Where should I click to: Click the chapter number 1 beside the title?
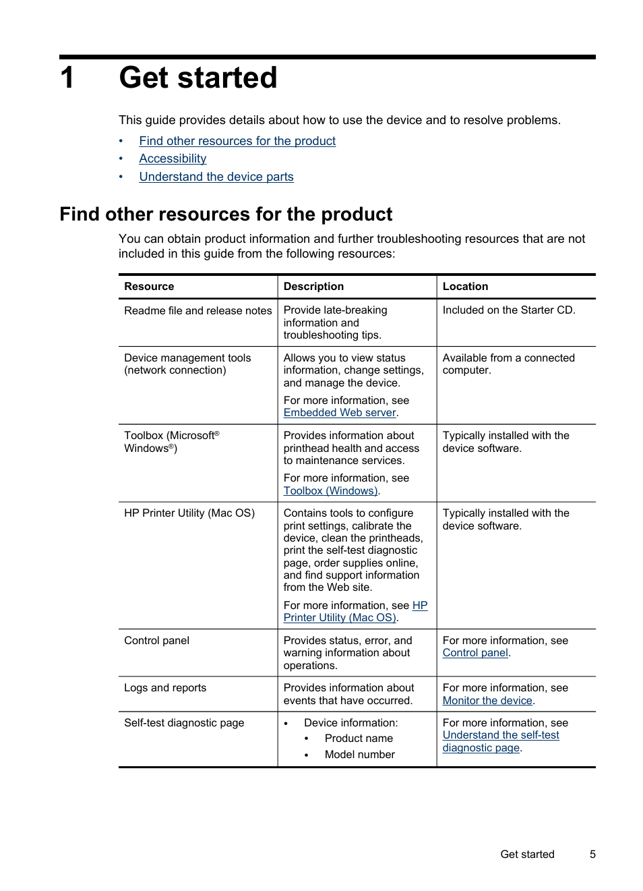pyautogui.click(x=67, y=78)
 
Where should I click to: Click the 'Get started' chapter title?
pyautogui.click(x=198, y=78)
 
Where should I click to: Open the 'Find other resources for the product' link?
pyautogui.click(x=237, y=141)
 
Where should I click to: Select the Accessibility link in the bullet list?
pyautogui.click(x=173, y=159)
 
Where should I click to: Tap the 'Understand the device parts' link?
pyautogui.click(x=216, y=177)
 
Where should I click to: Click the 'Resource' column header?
pyautogui.click(x=149, y=287)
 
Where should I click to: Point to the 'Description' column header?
pyautogui.click(x=313, y=287)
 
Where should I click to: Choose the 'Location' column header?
pyautogui.click(x=465, y=287)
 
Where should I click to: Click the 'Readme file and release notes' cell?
pyautogui.click(x=197, y=311)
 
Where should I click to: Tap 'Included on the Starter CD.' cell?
pyautogui.click(x=509, y=310)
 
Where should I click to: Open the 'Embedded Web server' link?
pyautogui.click(x=340, y=413)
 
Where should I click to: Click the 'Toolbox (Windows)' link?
pyautogui.click(x=330, y=491)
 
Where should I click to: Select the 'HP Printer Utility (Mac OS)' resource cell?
pyautogui.click(x=189, y=513)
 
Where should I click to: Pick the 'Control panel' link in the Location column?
pyautogui.click(x=475, y=653)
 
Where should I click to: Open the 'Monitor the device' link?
pyautogui.click(x=487, y=701)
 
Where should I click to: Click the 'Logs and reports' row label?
pyautogui.click(x=165, y=688)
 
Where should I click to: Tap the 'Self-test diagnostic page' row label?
pyautogui.click(x=184, y=723)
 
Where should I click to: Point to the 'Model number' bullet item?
pyautogui.click(x=359, y=755)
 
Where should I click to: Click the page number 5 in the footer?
pyautogui.click(x=592, y=855)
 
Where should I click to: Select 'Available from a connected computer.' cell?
pyautogui.click(x=508, y=364)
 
